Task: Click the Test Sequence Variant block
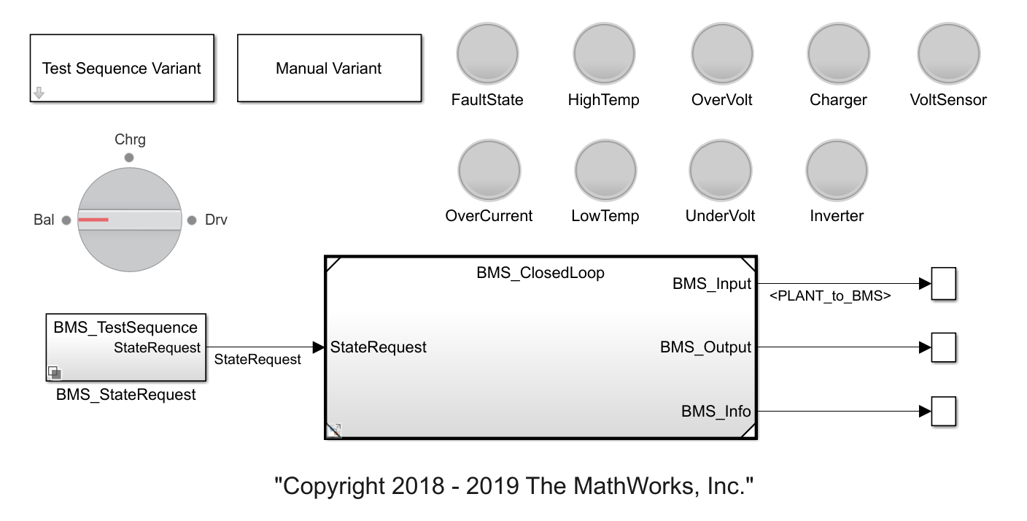pos(122,68)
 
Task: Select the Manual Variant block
pos(329,68)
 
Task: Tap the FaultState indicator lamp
pos(487,53)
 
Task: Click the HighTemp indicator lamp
pos(604,53)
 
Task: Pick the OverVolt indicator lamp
pos(722,53)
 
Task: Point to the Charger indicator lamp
pos(838,53)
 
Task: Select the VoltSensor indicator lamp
pos(948,53)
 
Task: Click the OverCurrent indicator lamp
pos(489,169)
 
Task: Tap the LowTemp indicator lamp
pos(605,169)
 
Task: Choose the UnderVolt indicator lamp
pos(721,169)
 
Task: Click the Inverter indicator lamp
pos(837,169)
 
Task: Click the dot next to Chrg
pos(129,157)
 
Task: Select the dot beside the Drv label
pos(192,220)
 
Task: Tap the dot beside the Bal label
pos(66,220)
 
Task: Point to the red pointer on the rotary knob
pos(93,220)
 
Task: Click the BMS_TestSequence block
pos(125,347)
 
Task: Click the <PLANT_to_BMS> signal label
pos(830,296)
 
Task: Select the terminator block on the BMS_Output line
pos(944,347)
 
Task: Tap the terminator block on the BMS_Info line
pos(944,412)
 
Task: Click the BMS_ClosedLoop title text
pos(540,273)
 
